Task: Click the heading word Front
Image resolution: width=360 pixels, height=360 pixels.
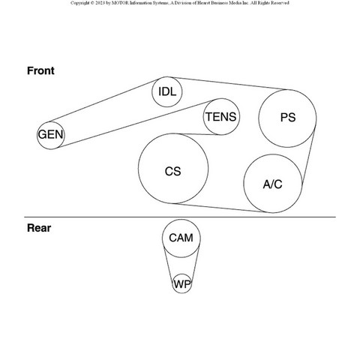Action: pyautogui.click(x=40, y=70)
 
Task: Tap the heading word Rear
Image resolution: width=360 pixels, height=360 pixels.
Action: pyautogui.click(x=39, y=228)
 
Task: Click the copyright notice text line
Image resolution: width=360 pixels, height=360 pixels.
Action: pyautogui.click(x=180, y=3)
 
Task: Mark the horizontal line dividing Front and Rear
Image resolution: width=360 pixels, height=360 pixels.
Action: pyautogui.click(x=180, y=217)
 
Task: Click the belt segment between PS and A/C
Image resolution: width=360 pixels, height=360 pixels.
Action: pyautogui.click(x=309, y=156)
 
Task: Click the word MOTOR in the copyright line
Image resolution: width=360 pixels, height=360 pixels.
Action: pyautogui.click(x=121, y=3)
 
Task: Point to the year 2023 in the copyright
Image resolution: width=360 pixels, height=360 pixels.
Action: pyautogui.click(x=100, y=3)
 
